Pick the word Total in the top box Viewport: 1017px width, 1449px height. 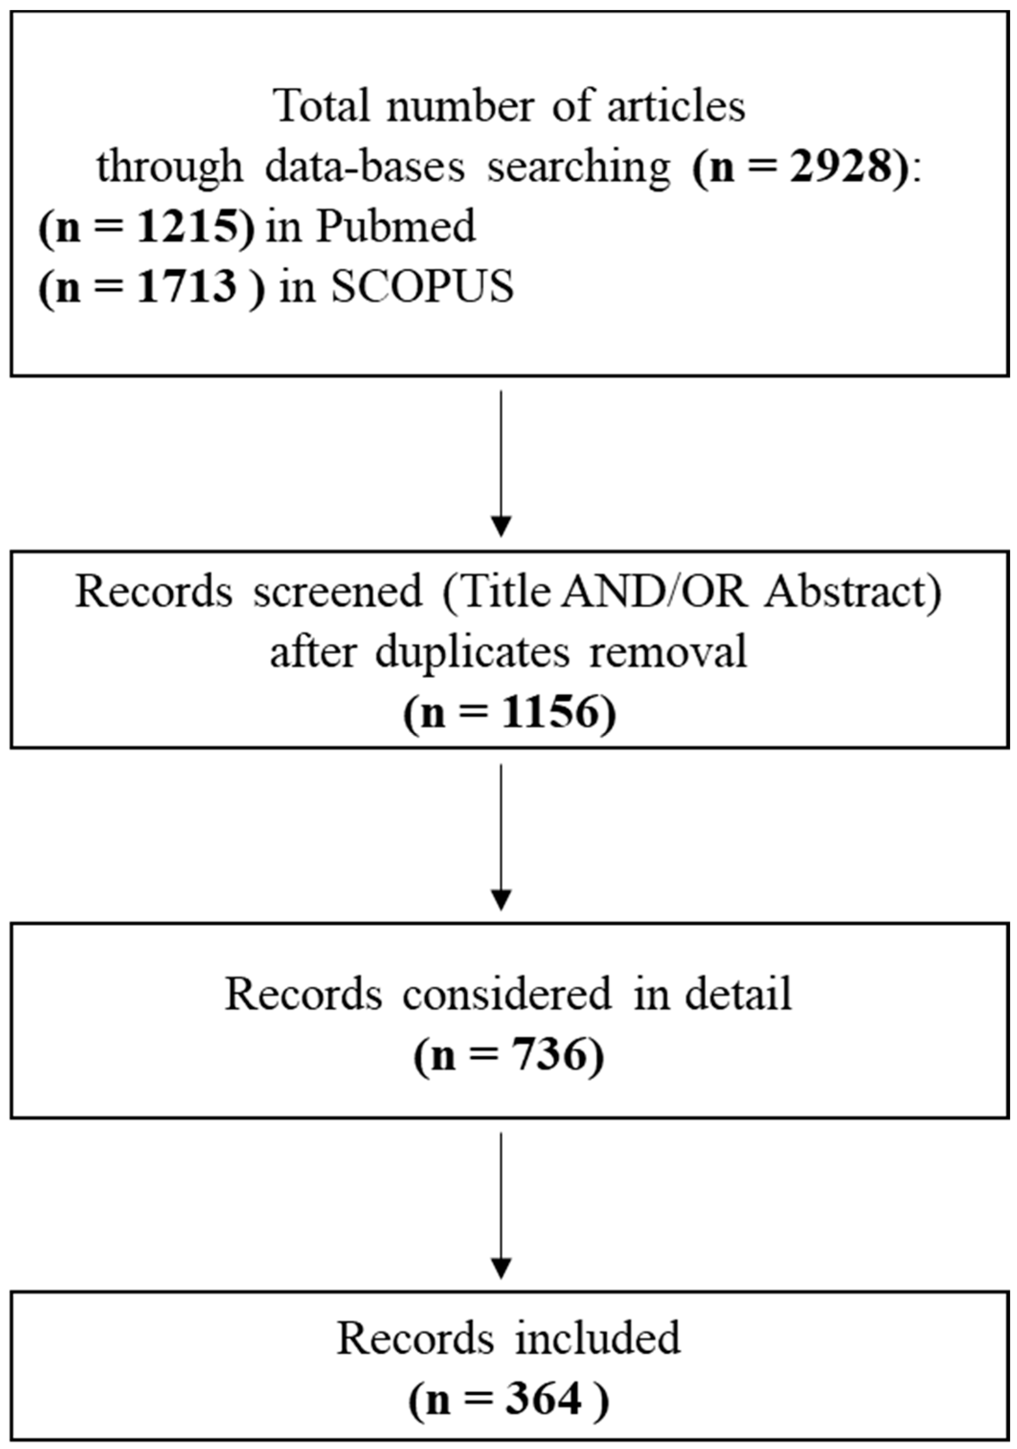coord(322,107)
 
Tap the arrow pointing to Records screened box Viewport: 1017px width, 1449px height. coord(501,464)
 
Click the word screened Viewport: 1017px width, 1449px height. coord(338,592)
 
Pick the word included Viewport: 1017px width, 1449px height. coord(597,1338)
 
